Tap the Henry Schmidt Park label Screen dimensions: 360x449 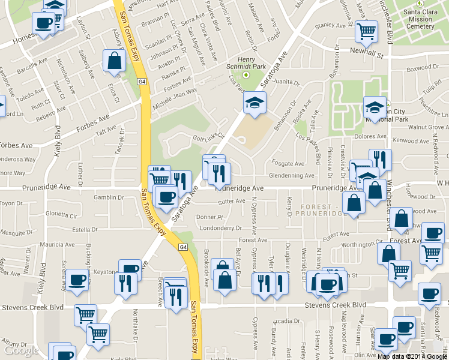click(x=246, y=64)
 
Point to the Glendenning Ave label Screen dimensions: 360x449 click(x=292, y=176)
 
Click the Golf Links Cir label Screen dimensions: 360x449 click(x=208, y=139)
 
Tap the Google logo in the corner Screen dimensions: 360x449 click(x=22, y=350)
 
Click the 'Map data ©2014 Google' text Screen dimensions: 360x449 click(x=412, y=356)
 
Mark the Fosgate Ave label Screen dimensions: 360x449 click(x=288, y=164)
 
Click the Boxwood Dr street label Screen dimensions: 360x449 click(x=423, y=69)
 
